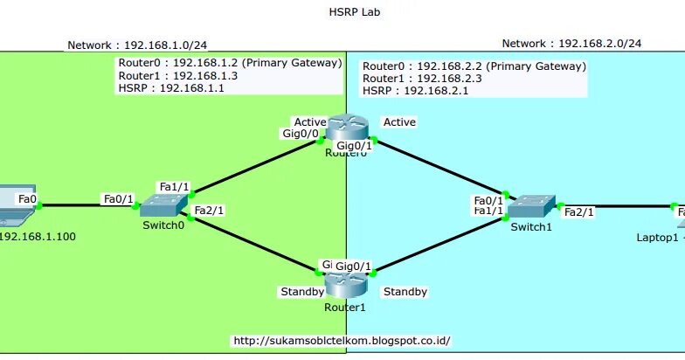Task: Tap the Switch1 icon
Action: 530,206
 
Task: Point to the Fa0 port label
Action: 27,199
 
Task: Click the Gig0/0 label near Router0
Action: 300,135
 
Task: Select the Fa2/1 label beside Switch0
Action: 209,211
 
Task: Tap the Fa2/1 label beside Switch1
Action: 578,211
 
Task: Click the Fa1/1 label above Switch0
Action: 174,187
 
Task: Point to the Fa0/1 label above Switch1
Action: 488,199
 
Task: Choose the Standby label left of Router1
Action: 301,291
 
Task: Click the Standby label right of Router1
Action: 405,291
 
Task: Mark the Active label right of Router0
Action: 399,122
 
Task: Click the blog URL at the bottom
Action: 342,341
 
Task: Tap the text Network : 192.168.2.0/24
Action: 571,43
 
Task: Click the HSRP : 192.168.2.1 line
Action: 403,90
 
